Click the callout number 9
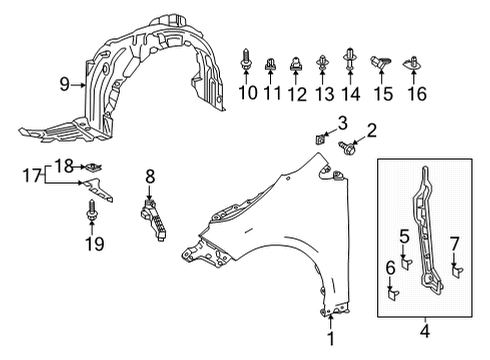pos(65,84)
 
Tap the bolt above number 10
pos(246,60)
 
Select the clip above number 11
pos(270,64)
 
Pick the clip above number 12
pos(296,64)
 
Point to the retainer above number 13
pos(322,63)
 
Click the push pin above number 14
pos(350,59)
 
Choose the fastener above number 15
pos(380,63)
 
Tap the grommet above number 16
pos(413,63)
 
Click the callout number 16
pos(417,93)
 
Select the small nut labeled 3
pos(320,138)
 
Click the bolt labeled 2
pos(346,147)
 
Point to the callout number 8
pos(150,176)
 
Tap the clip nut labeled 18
pos(94,167)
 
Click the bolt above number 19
pos(91,210)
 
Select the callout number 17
pos(31,175)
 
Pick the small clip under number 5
pos(406,263)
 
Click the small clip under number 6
pos(392,294)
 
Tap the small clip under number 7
pos(457,271)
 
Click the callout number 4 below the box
pos(425,331)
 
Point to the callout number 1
pos(331,339)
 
